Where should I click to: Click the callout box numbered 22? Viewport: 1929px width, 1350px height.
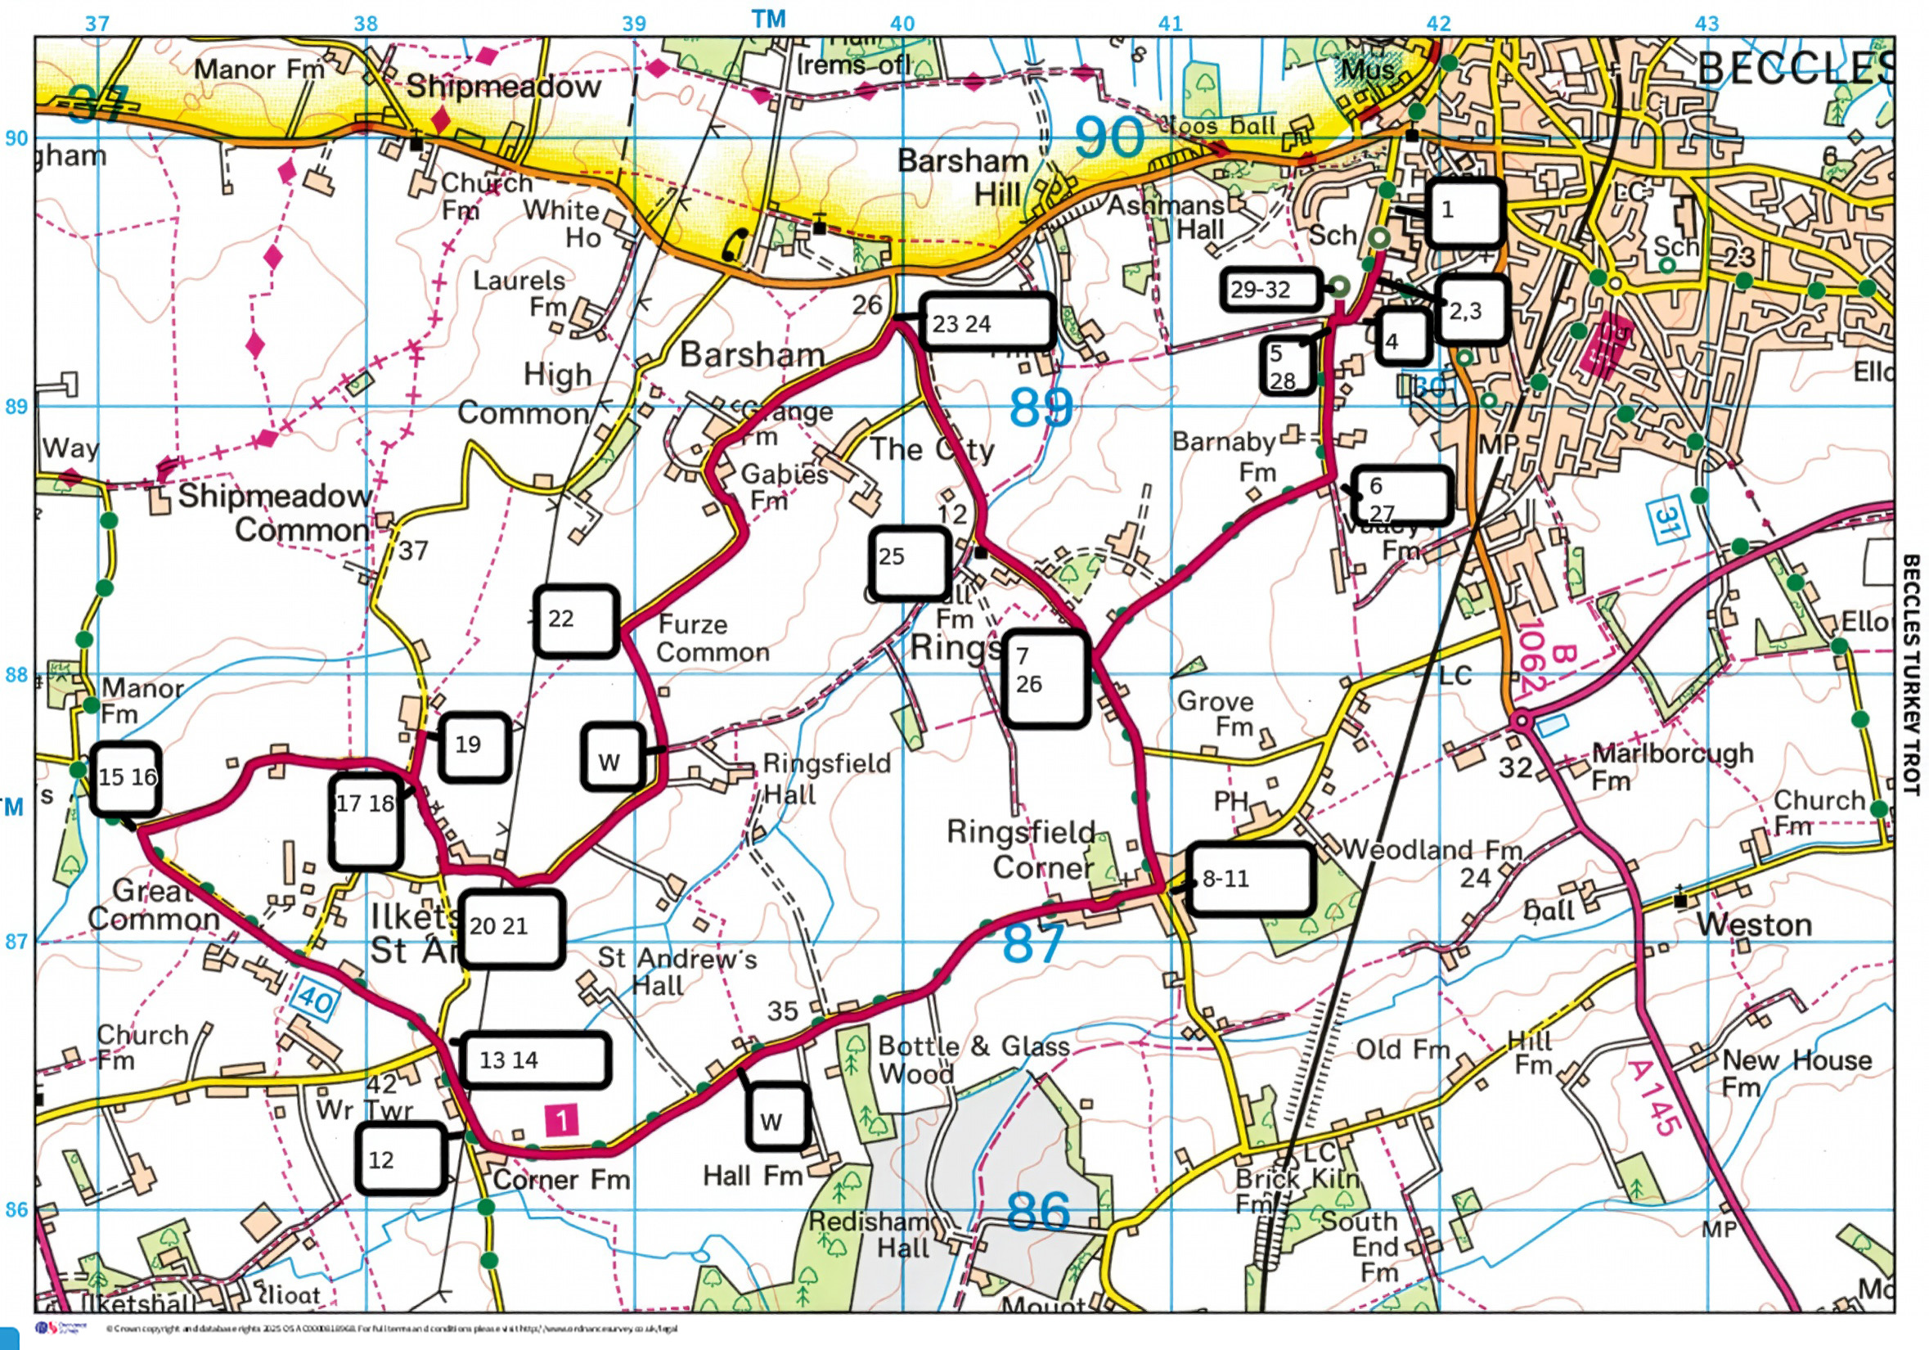(x=577, y=621)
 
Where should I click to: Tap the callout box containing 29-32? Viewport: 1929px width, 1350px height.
(x=1270, y=290)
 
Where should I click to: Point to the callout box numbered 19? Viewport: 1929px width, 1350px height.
(x=474, y=746)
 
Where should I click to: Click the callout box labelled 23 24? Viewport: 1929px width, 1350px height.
(x=987, y=322)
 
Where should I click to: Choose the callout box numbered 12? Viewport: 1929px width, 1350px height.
(x=400, y=1159)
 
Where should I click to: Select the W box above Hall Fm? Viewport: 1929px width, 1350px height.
(x=778, y=1117)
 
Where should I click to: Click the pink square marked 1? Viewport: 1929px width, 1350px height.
(x=561, y=1120)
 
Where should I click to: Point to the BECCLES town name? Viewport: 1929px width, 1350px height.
(x=1794, y=69)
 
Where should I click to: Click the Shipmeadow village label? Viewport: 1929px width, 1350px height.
(x=503, y=87)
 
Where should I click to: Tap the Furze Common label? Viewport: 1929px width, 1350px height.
(x=713, y=638)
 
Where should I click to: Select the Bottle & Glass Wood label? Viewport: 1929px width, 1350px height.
(x=973, y=1059)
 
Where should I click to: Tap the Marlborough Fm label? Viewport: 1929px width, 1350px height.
(x=1672, y=764)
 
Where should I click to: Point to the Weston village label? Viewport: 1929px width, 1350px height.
(x=1753, y=925)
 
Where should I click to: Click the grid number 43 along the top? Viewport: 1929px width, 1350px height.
(x=1706, y=24)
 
